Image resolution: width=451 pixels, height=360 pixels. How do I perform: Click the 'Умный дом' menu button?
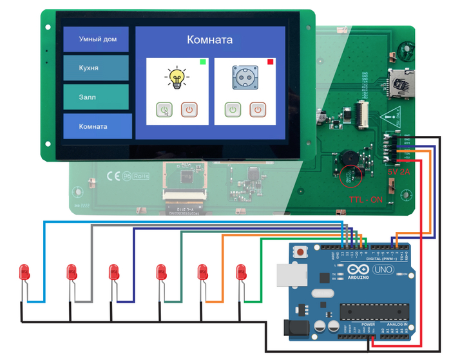97,39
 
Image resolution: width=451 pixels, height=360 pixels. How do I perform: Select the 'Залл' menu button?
97,97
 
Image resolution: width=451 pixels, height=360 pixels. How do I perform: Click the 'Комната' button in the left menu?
97,126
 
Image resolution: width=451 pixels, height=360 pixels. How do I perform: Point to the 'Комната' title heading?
210,39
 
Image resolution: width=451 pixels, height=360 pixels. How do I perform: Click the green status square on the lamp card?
203,62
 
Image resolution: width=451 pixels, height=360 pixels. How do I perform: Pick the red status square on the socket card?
270,62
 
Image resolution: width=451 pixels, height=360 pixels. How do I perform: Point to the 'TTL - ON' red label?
365,200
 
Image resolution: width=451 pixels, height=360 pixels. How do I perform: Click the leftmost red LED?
25,272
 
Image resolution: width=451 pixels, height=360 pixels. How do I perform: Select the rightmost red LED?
242,272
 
